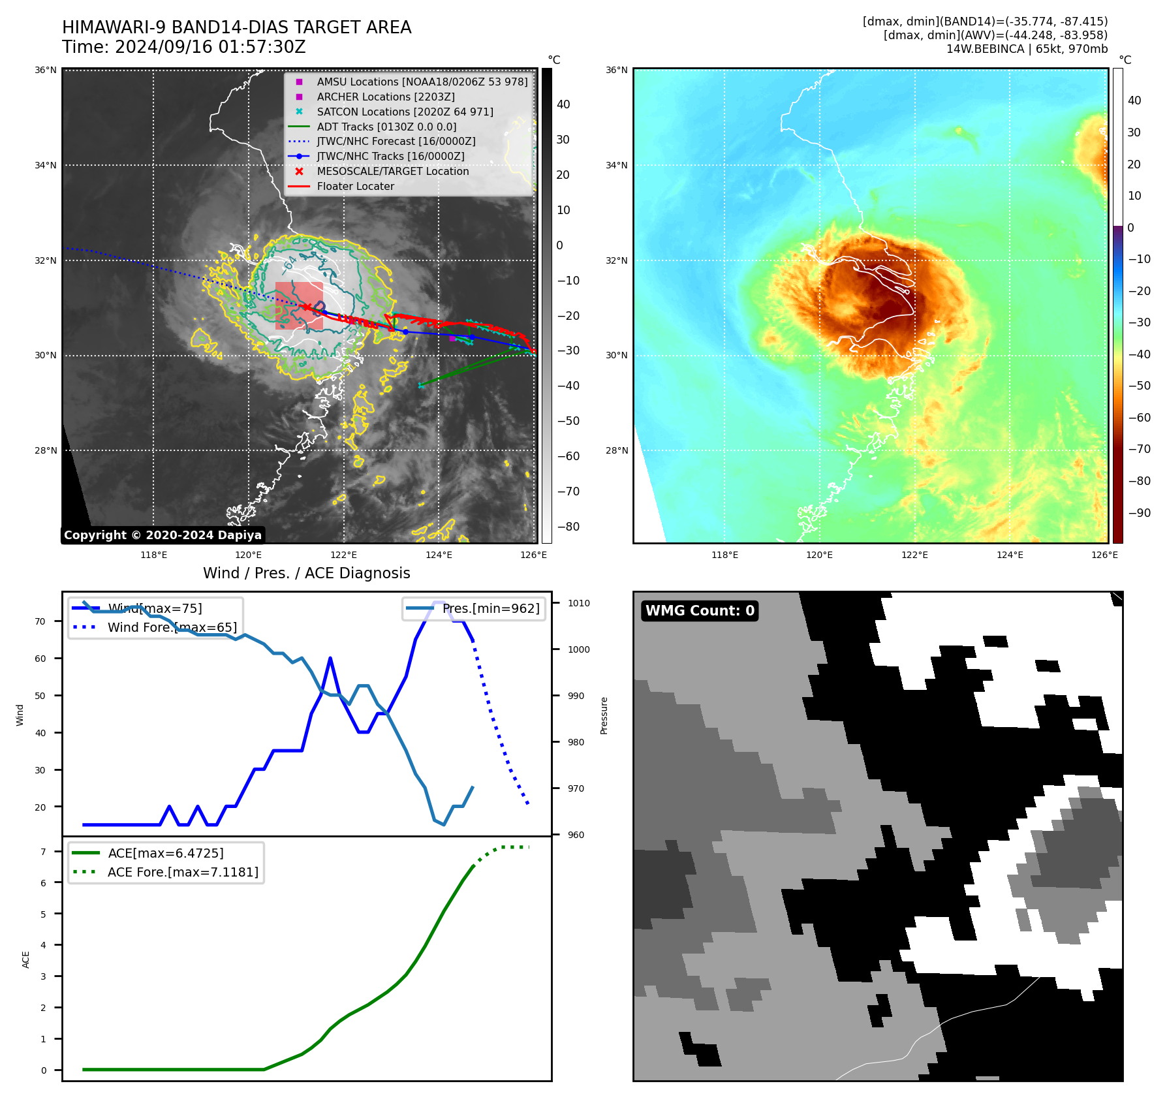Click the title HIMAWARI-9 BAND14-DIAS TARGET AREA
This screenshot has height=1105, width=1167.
(x=236, y=27)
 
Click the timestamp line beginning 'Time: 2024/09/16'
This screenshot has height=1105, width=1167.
(x=183, y=47)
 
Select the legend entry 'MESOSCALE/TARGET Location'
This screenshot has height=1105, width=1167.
(x=392, y=171)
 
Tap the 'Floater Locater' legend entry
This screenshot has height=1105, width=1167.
(x=355, y=186)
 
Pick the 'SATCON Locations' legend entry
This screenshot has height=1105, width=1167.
(x=405, y=112)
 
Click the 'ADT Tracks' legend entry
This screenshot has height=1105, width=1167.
(x=386, y=127)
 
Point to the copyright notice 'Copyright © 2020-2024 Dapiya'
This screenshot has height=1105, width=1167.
(x=163, y=535)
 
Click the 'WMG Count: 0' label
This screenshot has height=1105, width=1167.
(x=700, y=611)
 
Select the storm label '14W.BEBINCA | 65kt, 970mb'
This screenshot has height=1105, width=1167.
(x=1027, y=49)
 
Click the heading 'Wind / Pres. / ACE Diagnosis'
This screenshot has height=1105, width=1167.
(x=306, y=573)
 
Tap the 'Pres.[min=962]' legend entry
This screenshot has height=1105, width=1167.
(x=490, y=608)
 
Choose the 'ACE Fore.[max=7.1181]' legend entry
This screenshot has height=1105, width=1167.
(x=183, y=872)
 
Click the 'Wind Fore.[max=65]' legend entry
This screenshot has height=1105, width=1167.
(x=172, y=627)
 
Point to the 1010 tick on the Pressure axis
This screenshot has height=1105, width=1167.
(x=578, y=603)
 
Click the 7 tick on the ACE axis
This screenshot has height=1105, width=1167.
(x=43, y=852)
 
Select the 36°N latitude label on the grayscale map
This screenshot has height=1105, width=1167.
(x=46, y=70)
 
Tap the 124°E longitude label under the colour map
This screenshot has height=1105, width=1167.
(x=1010, y=555)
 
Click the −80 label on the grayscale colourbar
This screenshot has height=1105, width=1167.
(x=568, y=527)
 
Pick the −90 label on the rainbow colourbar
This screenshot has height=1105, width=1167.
(x=1139, y=513)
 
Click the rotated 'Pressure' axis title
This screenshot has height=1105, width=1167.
(x=604, y=715)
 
